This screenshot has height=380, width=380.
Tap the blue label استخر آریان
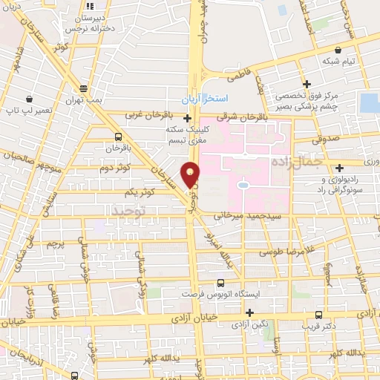coord(206,99)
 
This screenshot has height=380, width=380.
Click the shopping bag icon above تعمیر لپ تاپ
coord(29,98)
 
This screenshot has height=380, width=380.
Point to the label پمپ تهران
coord(82,100)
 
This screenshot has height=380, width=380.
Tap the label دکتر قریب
coord(319,325)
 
